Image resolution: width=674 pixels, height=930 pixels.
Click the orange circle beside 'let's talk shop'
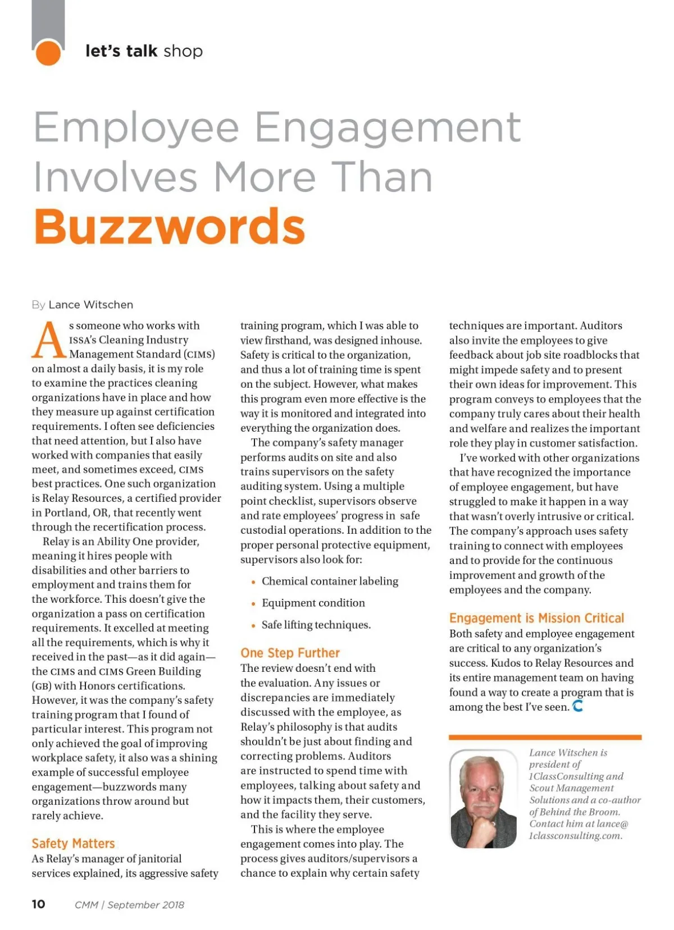[48, 53]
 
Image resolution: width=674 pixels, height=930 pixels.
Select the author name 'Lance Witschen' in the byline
[91, 305]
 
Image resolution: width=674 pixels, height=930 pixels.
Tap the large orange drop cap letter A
[49, 340]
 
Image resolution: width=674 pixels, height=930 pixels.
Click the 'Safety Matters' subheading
[73, 844]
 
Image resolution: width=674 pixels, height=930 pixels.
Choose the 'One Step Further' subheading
[290, 653]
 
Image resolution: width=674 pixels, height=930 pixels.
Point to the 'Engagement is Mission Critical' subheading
[536, 618]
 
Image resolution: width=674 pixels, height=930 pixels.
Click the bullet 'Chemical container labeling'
[330, 581]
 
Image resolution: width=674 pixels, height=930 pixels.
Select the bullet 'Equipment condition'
[313, 603]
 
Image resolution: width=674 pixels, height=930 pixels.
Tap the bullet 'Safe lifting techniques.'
[316, 625]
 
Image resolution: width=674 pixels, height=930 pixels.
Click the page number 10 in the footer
[38, 904]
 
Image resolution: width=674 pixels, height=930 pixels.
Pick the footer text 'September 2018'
[145, 905]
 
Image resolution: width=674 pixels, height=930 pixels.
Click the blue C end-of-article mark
[577, 706]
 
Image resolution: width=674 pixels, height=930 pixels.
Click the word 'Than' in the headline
[381, 177]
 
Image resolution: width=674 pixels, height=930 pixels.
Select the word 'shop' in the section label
[183, 51]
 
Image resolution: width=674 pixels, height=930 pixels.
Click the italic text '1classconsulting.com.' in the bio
[575, 836]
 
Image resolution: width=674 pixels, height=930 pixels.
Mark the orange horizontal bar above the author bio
[545, 737]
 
